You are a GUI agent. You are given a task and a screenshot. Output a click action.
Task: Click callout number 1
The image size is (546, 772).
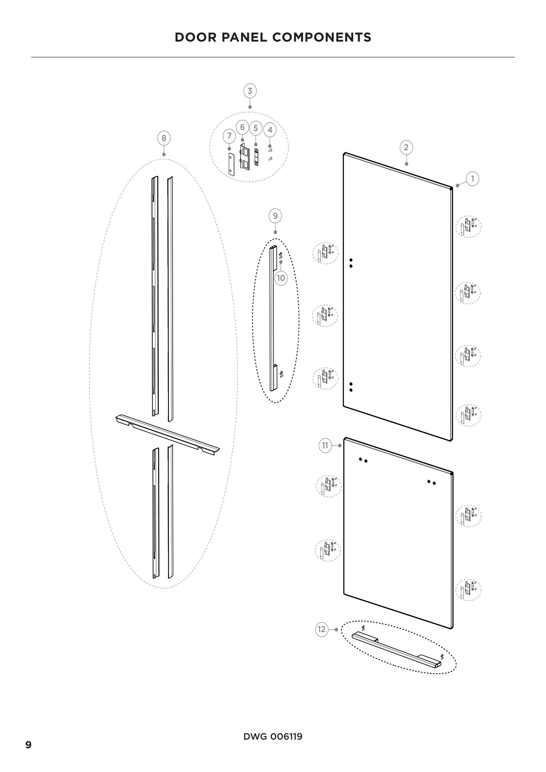(x=472, y=179)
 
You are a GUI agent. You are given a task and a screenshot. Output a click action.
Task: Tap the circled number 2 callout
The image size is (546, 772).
(x=406, y=147)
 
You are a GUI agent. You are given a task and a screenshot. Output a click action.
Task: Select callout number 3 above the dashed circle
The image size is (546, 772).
(x=250, y=91)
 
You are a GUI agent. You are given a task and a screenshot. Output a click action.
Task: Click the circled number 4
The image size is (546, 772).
(x=270, y=130)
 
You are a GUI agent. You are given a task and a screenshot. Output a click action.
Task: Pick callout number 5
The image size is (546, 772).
(x=256, y=128)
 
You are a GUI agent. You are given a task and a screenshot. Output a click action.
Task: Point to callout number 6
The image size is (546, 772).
(x=242, y=127)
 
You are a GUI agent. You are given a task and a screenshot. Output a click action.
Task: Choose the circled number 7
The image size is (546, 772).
(x=229, y=136)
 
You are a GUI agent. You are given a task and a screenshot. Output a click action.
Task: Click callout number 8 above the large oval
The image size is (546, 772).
(x=164, y=138)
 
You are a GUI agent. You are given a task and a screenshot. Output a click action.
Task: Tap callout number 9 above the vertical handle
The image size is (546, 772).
(x=275, y=216)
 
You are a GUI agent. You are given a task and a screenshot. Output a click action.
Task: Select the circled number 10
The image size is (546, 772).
(x=281, y=278)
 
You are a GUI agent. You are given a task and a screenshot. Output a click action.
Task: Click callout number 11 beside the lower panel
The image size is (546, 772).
(x=325, y=446)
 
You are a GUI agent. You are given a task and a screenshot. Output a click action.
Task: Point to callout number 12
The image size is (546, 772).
(x=322, y=629)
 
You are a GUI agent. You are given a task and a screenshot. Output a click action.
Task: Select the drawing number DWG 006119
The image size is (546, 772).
(x=273, y=737)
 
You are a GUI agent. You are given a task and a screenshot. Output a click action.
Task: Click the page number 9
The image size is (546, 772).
(x=29, y=745)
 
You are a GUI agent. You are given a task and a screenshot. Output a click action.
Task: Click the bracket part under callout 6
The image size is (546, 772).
(x=244, y=156)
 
